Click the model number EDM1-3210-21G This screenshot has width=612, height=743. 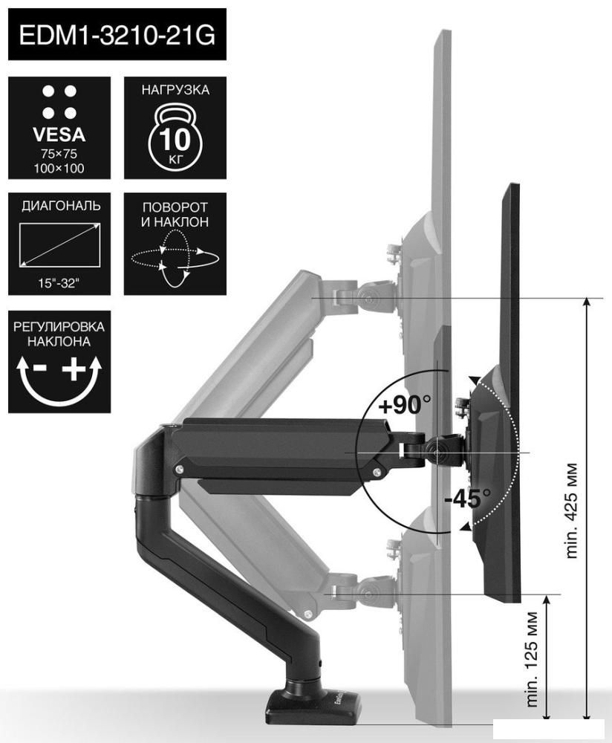coord(117,35)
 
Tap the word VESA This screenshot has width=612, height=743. coord(59,135)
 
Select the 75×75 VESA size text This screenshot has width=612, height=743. coord(59,154)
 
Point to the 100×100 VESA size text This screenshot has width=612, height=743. coord(59,168)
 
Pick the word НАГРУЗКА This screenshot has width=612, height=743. coord(175,90)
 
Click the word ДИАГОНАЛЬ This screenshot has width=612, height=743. coord(61,206)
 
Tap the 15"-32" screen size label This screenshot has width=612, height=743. coord(59,283)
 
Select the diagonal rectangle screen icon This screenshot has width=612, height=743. coord(59,245)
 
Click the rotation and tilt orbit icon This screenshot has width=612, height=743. coord(175,259)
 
